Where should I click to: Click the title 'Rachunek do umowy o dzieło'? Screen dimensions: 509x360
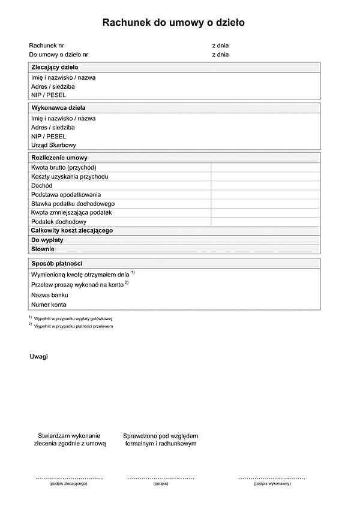coord(173,23)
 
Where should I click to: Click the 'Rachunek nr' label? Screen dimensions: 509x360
coord(46,46)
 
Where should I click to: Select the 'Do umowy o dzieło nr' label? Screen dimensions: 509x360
coord(59,55)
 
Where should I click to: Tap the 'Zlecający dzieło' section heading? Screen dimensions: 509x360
coord(55,67)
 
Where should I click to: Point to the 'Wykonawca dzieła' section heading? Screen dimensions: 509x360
coord(58,108)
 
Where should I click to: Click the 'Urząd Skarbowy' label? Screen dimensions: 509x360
coord(53,145)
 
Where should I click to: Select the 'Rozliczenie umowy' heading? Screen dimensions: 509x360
coord(59,157)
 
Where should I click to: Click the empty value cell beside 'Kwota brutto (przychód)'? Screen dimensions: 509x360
coord(265,167)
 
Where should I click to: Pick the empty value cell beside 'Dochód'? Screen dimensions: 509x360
coord(265,185)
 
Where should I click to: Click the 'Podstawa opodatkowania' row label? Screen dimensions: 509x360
coord(66,194)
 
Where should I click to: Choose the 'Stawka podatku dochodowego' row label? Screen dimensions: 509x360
coord(73,203)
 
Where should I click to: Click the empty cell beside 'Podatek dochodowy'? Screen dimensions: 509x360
coord(265,221)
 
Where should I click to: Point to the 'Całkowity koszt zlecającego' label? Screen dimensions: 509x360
coord(72,230)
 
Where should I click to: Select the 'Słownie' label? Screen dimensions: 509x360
coord(43,248)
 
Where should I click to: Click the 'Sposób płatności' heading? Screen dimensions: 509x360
coord(56,263)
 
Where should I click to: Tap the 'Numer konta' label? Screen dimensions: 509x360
coord(49,305)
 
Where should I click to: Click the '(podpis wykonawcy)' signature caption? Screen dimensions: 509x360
coord(272,483)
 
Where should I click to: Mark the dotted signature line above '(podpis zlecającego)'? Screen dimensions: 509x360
coord(69,478)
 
